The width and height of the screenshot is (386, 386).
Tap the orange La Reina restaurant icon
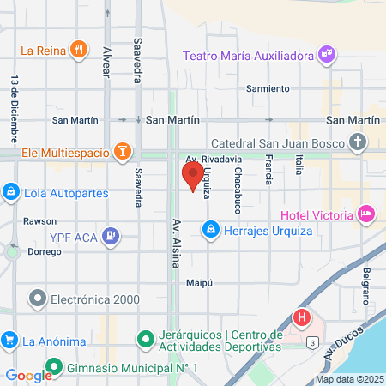(79, 50)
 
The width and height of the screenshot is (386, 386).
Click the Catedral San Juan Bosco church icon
(359, 142)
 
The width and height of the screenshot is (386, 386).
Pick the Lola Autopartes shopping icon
(10, 191)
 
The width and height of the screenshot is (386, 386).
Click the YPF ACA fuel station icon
(111, 235)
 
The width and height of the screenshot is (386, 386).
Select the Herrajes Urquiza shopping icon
(210, 230)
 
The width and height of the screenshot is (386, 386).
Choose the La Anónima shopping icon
(10, 341)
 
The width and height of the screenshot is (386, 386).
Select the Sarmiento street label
(268, 88)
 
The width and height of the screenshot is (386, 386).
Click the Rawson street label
(39, 220)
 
